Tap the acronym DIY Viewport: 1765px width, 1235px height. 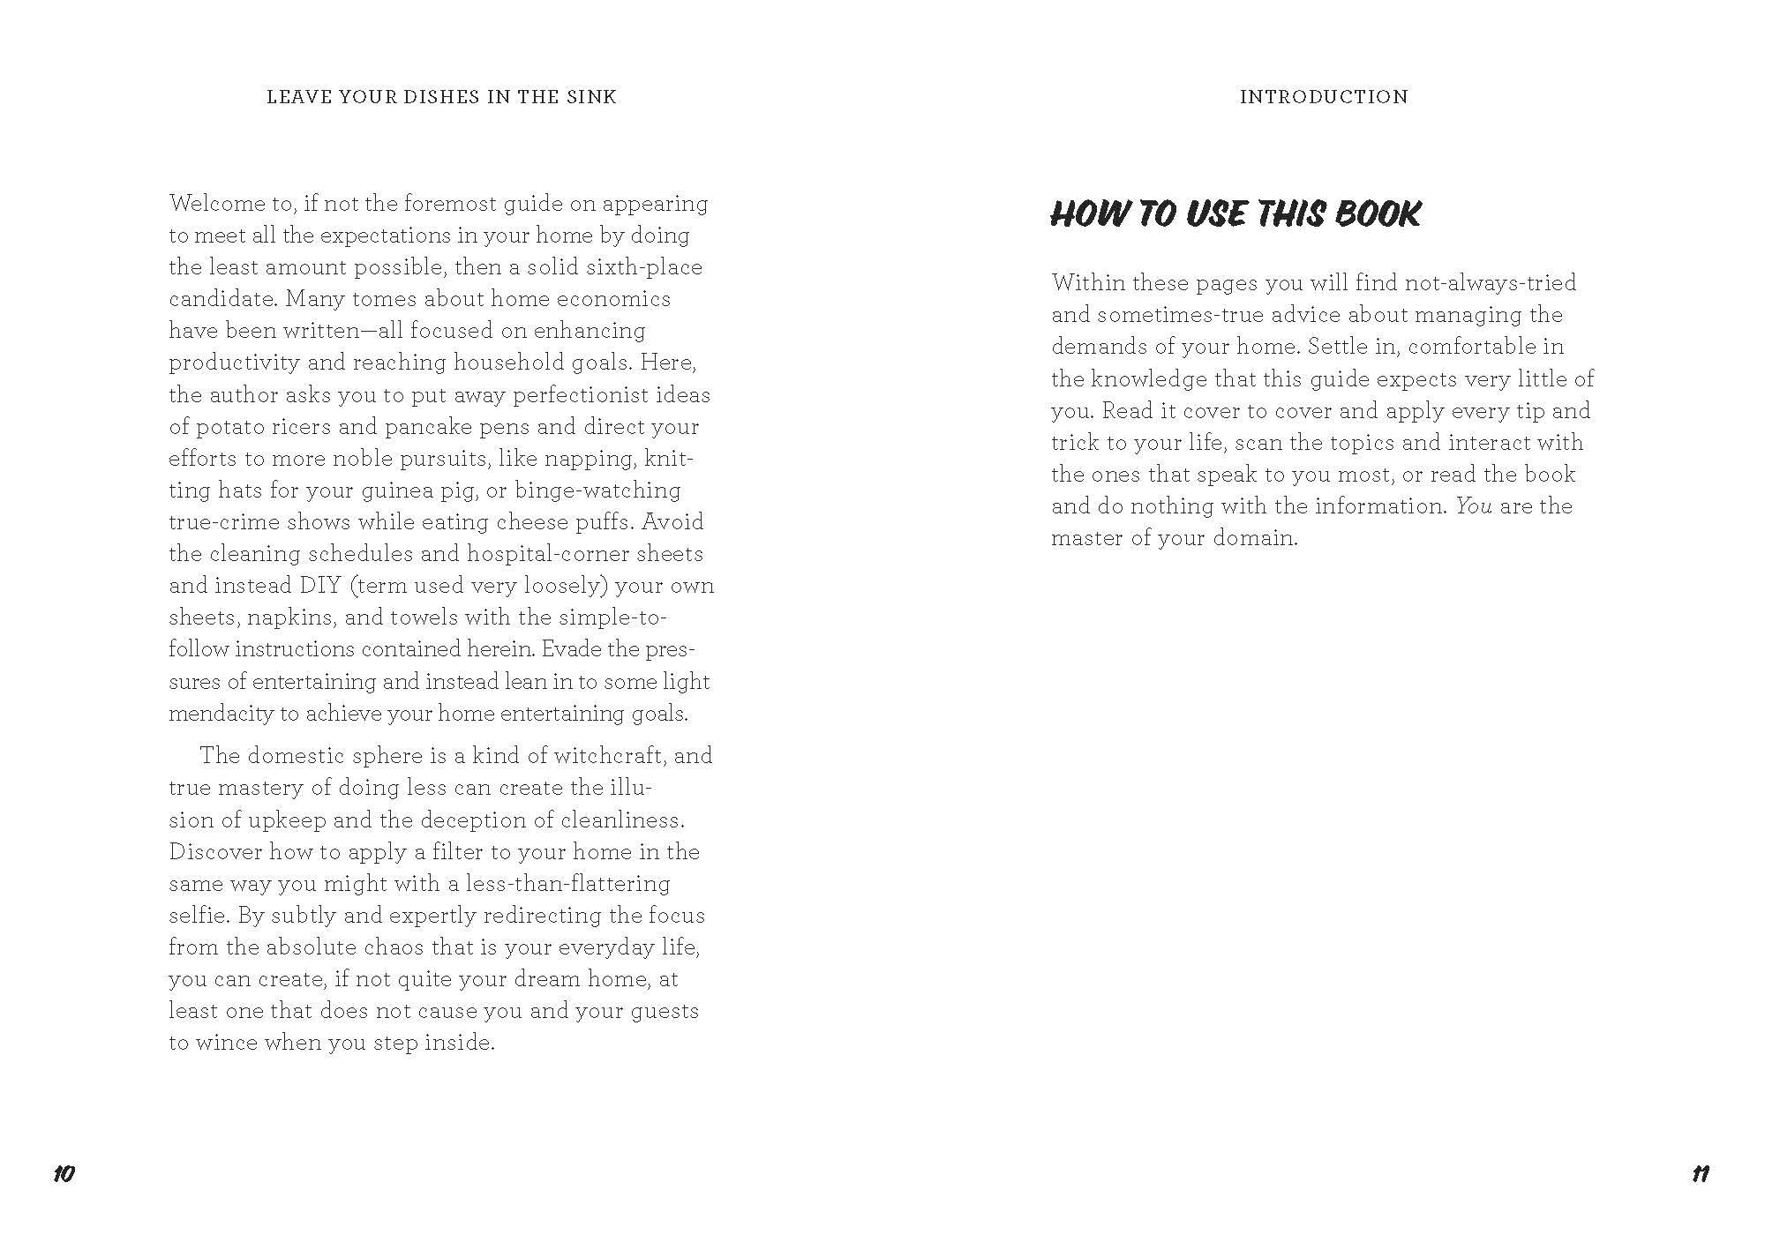[x=320, y=586]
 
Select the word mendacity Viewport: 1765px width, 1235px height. [x=221, y=714]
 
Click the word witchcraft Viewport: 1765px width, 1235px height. [x=603, y=756]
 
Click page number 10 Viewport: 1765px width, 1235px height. [x=64, y=1174]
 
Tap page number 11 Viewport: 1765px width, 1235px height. [x=1700, y=1174]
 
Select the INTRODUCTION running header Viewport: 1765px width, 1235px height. [x=1324, y=97]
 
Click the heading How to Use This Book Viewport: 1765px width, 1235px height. [x=1235, y=214]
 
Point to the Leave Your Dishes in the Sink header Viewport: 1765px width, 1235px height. [x=441, y=97]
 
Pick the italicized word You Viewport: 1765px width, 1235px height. [x=1473, y=506]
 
